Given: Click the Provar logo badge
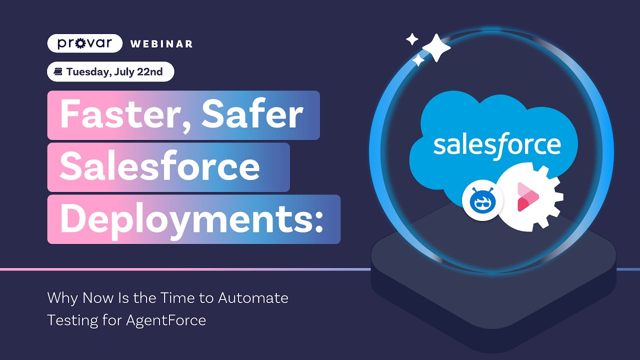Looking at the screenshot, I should tap(84, 43).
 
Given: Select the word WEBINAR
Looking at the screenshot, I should tap(161, 44).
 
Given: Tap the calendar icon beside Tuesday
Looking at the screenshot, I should tap(58, 72).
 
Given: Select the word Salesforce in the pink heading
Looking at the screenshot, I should tap(159, 167).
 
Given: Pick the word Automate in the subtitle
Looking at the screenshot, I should tap(253, 298).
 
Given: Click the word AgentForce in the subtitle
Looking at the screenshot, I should tap(166, 320).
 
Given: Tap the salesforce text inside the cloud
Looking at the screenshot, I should tap(496, 144).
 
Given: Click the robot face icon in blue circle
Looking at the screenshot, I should tap(482, 200).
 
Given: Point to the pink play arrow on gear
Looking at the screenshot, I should tap(526, 197).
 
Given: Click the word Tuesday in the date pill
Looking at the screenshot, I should tap(89, 72).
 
